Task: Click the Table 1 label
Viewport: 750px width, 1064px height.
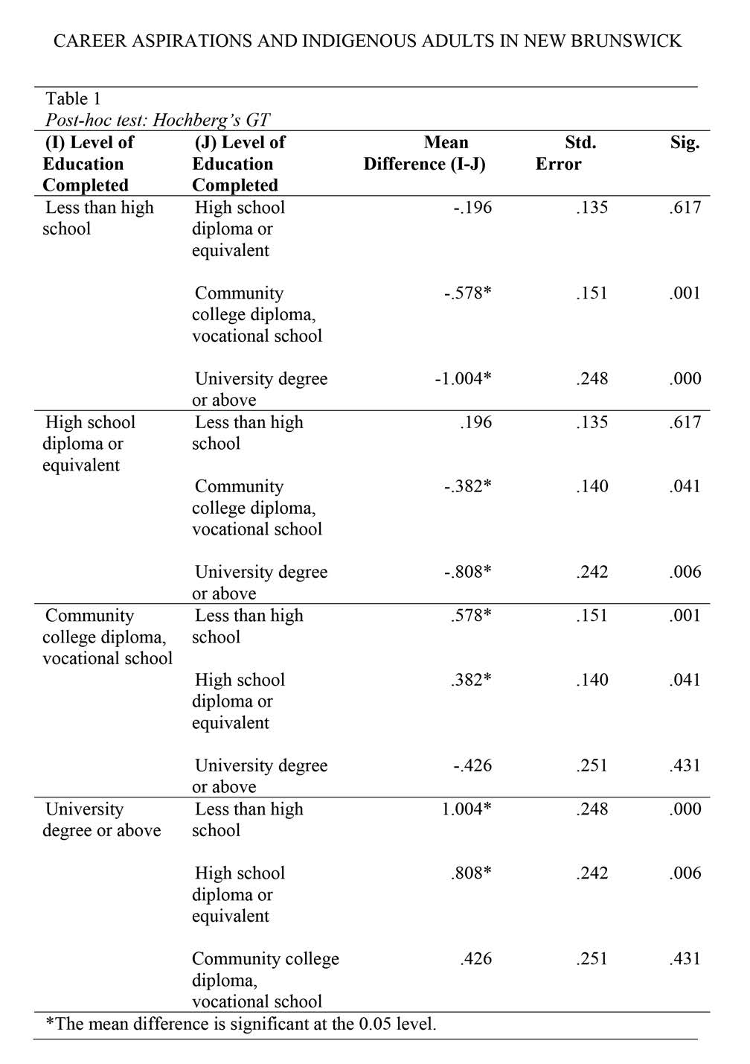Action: point(73,99)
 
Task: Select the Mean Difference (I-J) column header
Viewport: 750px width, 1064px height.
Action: point(425,153)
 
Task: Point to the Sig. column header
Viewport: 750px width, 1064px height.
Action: point(685,143)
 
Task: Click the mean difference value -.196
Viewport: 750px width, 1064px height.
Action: point(472,208)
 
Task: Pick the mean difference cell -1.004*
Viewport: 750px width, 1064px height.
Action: point(463,379)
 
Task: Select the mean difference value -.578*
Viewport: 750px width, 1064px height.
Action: point(467,293)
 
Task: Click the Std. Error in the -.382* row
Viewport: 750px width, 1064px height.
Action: point(592,487)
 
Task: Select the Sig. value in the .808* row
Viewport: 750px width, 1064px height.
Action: point(685,873)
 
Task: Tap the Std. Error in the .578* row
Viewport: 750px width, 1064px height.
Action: point(592,616)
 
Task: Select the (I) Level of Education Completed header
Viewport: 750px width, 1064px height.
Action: point(88,164)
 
